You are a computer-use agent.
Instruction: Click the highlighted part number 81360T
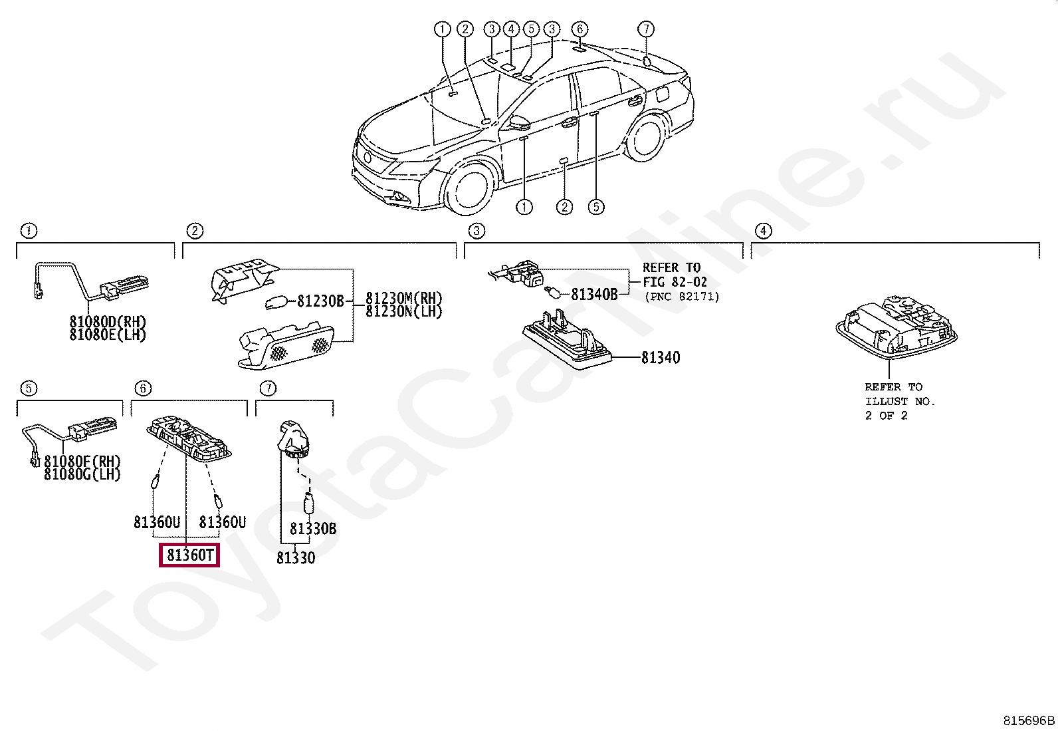189,555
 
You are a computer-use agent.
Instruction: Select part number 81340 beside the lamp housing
660,358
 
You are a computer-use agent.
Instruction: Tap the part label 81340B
594,295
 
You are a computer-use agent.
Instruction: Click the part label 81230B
320,301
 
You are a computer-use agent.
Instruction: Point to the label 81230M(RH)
403,299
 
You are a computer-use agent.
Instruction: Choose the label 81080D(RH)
108,322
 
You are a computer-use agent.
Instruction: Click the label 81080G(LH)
82,474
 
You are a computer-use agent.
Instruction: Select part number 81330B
312,529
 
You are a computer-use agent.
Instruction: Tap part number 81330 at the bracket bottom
296,558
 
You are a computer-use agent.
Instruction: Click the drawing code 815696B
1028,720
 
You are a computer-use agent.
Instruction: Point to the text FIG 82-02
675,282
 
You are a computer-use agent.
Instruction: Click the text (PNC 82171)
682,297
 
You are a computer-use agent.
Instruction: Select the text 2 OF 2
886,416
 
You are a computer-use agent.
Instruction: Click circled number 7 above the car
646,29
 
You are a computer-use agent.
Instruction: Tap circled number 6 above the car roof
580,29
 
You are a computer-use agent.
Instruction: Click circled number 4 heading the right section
764,231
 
